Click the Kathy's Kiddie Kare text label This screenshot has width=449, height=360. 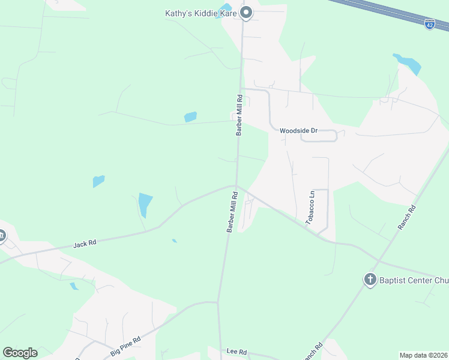tap(201, 13)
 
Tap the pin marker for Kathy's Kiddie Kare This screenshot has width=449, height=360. tap(246, 12)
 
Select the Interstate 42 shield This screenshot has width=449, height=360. tap(429, 24)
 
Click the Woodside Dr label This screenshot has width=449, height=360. tap(298, 130)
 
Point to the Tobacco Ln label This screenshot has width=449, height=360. tap(310, 208)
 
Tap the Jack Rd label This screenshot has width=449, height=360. tap(85, 244)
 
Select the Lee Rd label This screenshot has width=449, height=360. tap(237, 351)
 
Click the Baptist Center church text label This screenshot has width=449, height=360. tap(414, 279)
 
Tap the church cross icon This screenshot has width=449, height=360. tap(370, 279)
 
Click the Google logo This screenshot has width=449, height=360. tap(20, 353)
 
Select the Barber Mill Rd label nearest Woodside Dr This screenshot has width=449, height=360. tap(239, 115)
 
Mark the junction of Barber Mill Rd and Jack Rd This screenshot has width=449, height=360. tap(236, 185)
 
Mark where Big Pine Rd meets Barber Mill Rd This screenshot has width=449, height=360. tap(218, 302)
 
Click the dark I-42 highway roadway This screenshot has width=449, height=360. tap(390, 13)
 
